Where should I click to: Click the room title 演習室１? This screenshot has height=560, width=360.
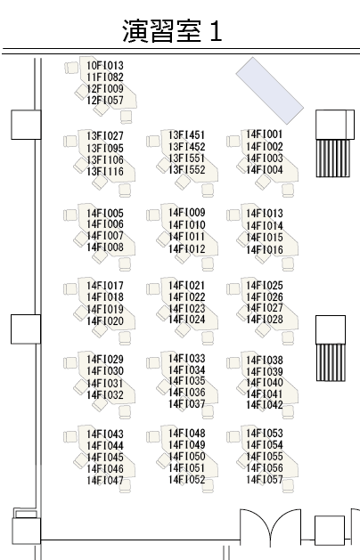point(172,31)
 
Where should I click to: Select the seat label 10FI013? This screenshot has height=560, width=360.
point(105,66)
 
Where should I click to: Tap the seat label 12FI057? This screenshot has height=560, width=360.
point(105,101)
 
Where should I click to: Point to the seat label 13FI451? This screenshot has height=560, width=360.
point(186,135)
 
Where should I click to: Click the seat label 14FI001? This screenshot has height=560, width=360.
point(264,134)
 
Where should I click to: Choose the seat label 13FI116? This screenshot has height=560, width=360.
point(105,172)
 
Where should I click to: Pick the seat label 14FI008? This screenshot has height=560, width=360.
point(105,248)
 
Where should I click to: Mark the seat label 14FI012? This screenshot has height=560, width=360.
point(186,249)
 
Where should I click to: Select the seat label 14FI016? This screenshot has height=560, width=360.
point(264,249)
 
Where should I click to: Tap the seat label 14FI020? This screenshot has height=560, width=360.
point(105,321)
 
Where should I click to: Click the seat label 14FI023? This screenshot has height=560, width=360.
point(186,308)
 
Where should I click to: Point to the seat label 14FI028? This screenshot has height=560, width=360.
point(264,320)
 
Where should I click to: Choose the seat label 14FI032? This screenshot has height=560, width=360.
point(105,395)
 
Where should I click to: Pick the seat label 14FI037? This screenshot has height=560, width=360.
point(186,404)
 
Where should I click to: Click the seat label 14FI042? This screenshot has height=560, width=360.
point(264,405)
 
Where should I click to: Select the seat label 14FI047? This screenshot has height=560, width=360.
point(105,481)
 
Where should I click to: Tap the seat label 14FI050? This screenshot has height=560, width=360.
point(186,457)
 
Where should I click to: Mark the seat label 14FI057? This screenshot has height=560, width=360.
point(264,479)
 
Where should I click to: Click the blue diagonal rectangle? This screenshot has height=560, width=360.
point(269,91)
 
